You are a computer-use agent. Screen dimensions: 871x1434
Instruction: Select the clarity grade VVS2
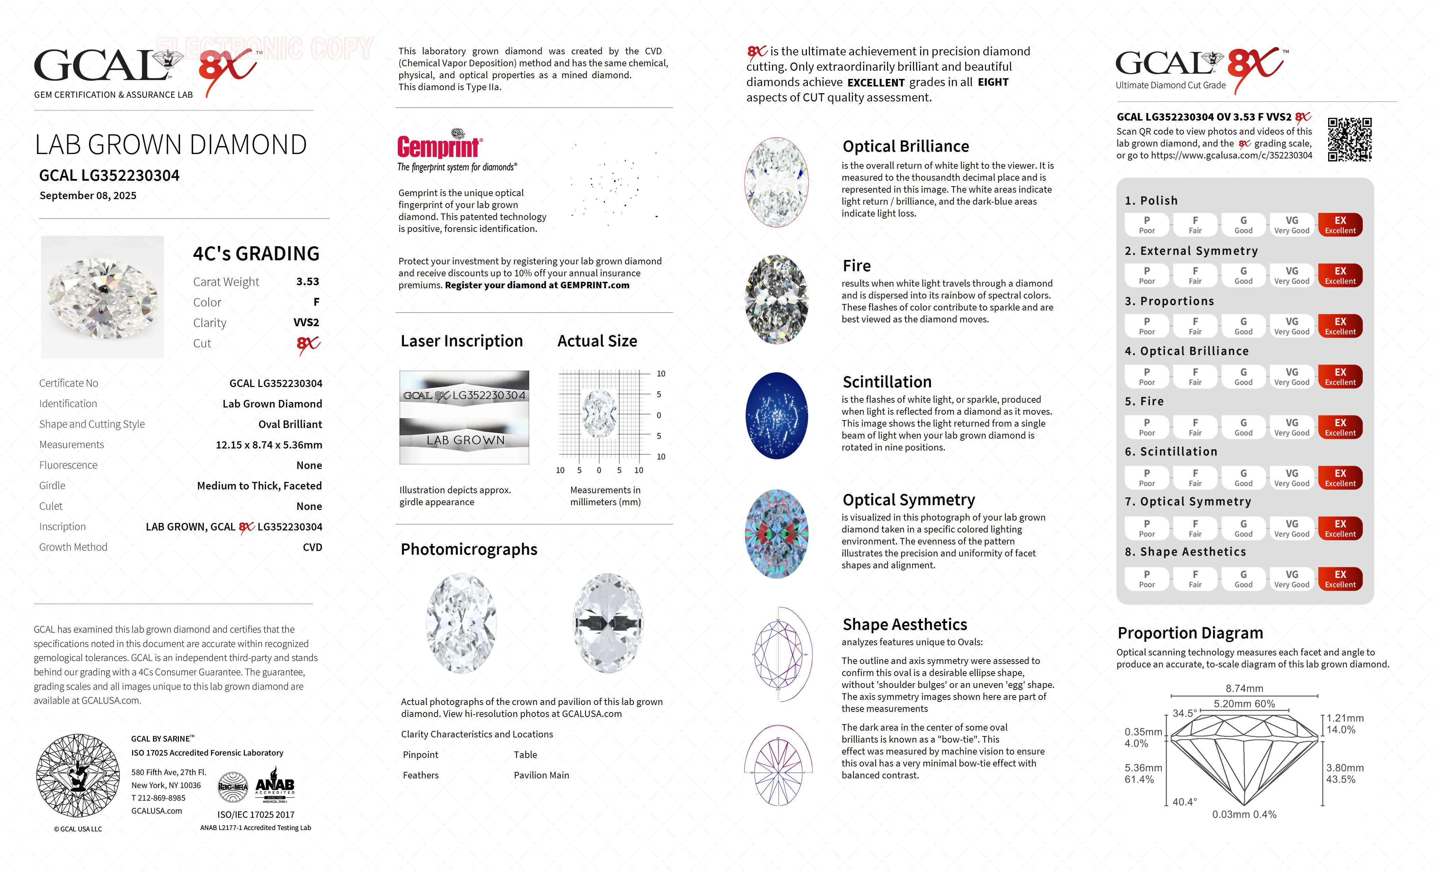point(306,322)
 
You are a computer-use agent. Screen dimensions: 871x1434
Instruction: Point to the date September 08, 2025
point(88,196)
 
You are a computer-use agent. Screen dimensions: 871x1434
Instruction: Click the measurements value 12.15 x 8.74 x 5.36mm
point(269,445)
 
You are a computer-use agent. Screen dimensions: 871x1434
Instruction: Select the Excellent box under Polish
point(1340,225)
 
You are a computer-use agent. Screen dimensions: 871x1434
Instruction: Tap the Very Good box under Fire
point(1291,427)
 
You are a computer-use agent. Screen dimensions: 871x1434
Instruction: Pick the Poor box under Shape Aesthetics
point(1147,579)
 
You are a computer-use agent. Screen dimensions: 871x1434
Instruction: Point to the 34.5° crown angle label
point(1184,713)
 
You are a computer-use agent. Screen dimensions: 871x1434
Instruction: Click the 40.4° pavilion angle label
point(1184,802)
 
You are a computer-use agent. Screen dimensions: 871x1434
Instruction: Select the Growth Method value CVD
point(312,547)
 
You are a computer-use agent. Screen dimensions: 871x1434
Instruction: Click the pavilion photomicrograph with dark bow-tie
point(608,623)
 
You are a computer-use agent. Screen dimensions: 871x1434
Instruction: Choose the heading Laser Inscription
point(462,341)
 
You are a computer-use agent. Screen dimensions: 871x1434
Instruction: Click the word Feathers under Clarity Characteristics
point(420,775)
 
